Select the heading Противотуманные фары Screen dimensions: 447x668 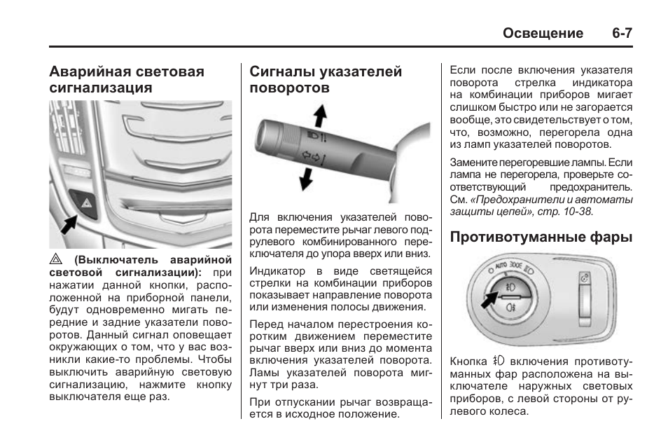tap(541, 237)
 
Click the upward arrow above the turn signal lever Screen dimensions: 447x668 tap(319, 114)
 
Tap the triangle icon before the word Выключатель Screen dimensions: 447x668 tap(55, 259)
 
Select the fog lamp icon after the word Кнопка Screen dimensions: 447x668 tap(498, 362)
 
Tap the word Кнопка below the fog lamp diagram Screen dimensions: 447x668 tap(468, 362)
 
